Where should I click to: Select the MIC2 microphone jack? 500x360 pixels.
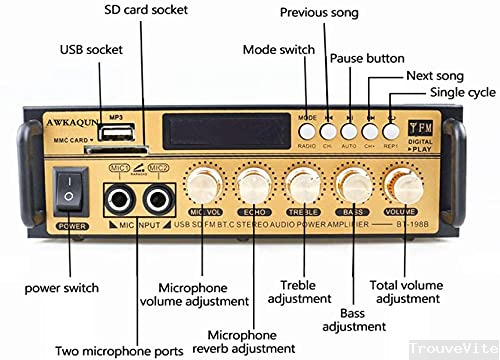156,200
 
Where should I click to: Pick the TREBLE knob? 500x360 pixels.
302,186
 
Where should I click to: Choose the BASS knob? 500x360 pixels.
351,186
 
